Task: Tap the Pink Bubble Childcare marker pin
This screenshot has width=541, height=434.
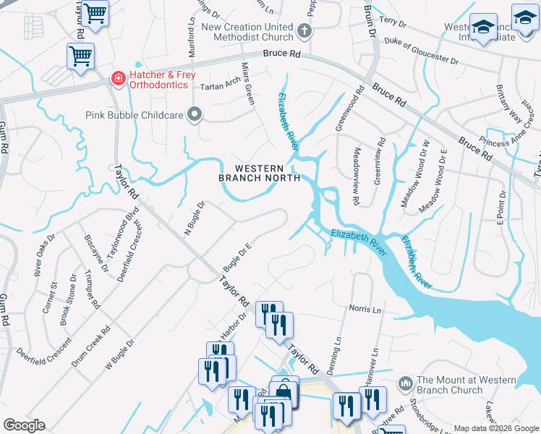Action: [194, 114]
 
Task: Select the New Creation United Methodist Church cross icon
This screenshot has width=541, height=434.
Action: [304, 32]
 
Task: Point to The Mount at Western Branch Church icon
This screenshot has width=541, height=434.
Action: [405, 381]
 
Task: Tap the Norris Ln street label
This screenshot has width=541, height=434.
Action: [365, 309]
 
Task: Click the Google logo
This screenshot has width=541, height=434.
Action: [24, 425]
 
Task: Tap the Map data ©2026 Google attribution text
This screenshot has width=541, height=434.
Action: [495, 428]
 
